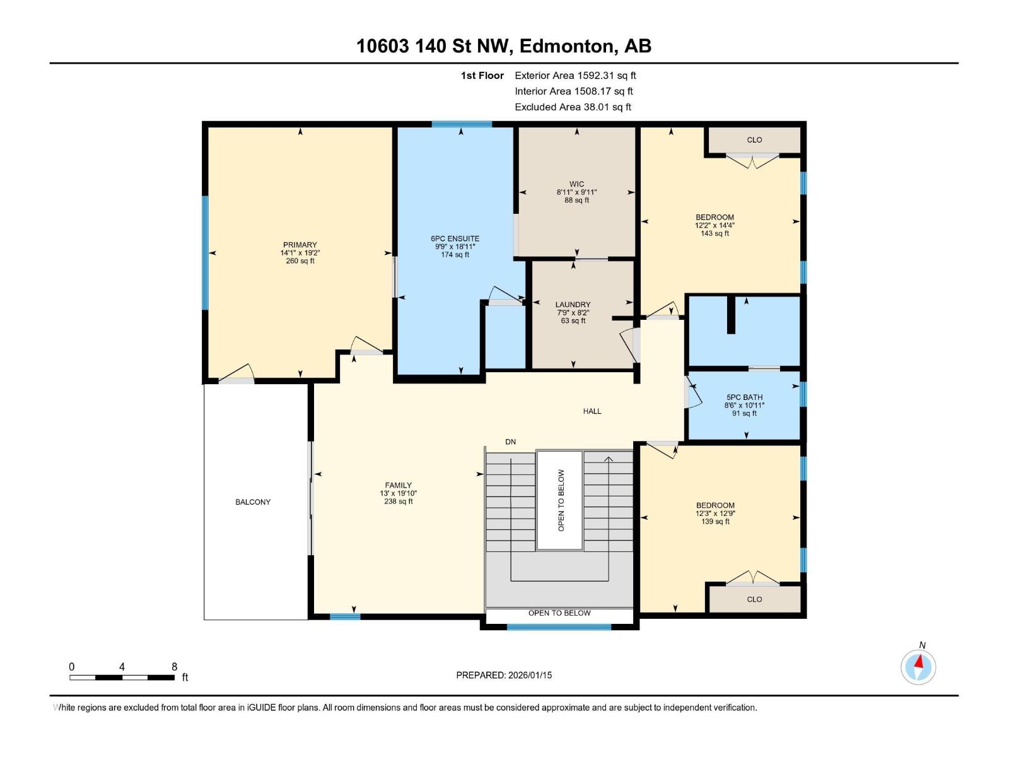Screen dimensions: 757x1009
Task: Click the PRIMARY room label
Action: pyautogui.click(x=300, y=245)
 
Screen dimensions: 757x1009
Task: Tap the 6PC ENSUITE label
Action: pyautogui.click(x=455, y=239)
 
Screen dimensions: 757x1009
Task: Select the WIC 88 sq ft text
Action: pyautogui.click(x=576, y=200)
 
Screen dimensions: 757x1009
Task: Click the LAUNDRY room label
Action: pyautogui.click(x=573, y=305)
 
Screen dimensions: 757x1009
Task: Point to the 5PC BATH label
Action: pyautogui.click(x=744, y=397)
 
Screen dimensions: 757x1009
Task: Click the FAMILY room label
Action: pyautogui.click(x=398, y=486)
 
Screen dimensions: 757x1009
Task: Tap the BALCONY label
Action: pyautogui.click(x=253, y=502)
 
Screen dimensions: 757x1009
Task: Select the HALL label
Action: pyautogui.click(x=592, y=411)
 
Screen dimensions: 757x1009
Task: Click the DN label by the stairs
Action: pyautogui.click(x=510, y=442)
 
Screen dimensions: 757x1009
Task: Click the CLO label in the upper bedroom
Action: pyautogui.click(x=754, y=140)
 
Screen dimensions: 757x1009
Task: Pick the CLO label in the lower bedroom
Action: pyautogui.click(x=754, y=599)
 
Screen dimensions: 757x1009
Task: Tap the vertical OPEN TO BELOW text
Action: pyautogui.click(x=561, y=500)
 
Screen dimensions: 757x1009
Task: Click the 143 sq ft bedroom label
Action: pyautogui.click(x=714, y=233)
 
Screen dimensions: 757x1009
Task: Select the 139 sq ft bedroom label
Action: pyautogui.click(x=715, y=522)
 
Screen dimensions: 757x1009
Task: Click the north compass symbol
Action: pyautogui.click(x=918, y=666)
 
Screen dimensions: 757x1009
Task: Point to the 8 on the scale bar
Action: pyautogui.click(x=174, y=667)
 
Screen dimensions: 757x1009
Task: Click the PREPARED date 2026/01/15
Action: pyautogui.click(x=529, y=675)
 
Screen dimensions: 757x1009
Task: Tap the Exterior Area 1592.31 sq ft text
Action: pyautogui.click(x=575, y=76)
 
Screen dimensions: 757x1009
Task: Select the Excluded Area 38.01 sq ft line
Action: pyautogui.click(x=573, y=107)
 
